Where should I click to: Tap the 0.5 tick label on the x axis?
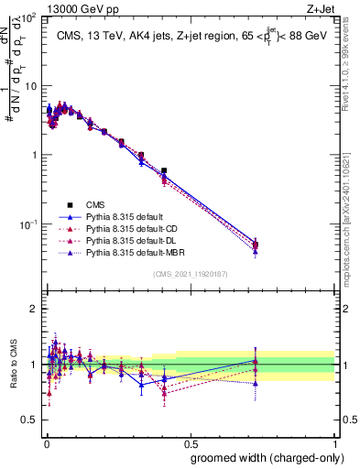190,443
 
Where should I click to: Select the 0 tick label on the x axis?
46,443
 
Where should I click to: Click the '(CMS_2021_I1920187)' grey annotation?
190,273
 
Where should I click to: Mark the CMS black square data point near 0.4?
164,171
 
